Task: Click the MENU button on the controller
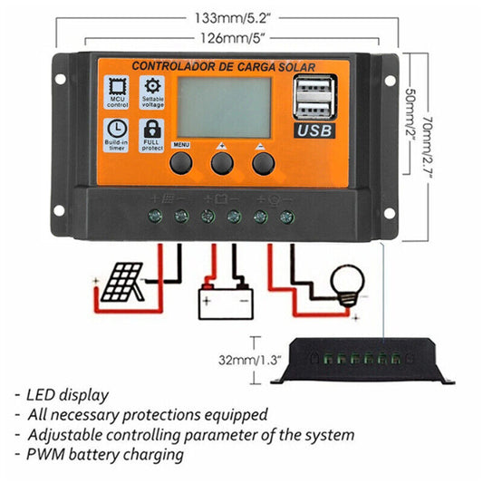click(181, 162)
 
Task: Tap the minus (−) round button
click(263, 162)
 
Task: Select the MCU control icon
click(115, 92)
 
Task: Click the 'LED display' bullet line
click(67, 395)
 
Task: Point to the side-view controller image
click(367, 362)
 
